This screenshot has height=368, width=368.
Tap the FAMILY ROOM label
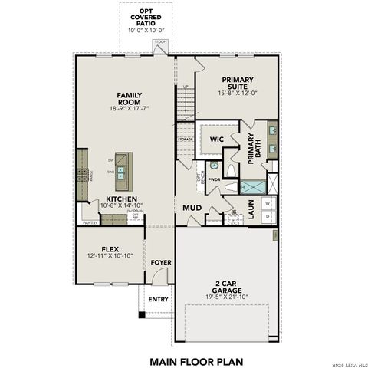(129, 99)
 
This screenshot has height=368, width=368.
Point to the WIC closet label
(216, 140)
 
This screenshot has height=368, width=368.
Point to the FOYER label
(161, 262)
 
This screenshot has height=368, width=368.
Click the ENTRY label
(158, 299)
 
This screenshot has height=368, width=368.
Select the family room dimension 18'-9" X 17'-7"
(129, 109)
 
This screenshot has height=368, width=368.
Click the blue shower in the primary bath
(251, 186)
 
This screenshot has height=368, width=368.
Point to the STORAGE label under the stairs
(185, 140)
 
